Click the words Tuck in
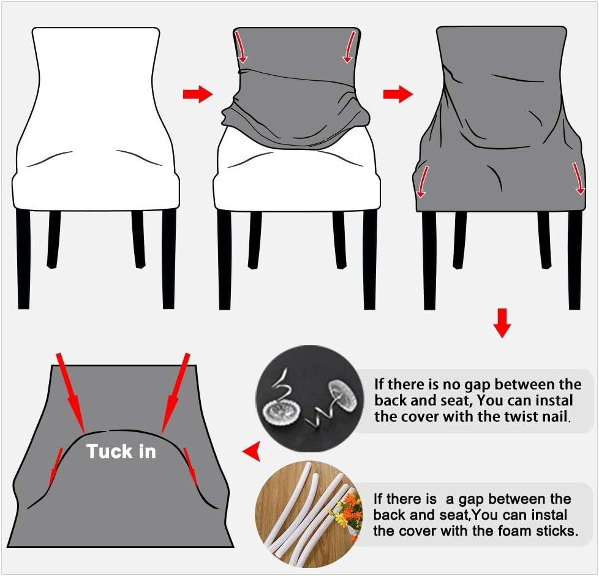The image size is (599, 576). tap(121, 452)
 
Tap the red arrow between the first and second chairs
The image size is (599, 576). tap(197, 94)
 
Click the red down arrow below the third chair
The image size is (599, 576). tap(502, 323)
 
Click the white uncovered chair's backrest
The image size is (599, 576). tap(96, 86)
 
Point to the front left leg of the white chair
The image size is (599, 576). tap(23, 257)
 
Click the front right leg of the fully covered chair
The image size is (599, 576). tap(574, 260)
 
